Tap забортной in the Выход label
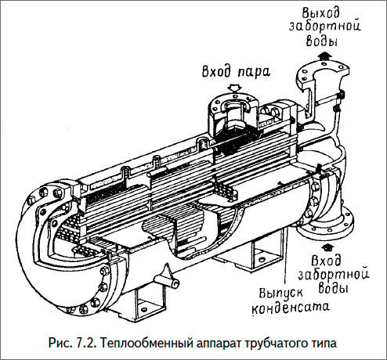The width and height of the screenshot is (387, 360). click(x=325, y=26)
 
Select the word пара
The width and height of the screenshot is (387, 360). click(x=253, y=72)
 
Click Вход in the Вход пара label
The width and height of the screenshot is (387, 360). click(x=217, y=70)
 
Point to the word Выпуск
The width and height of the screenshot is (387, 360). click(x=280, y=293)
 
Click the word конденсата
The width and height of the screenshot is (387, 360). click(x=290, y=308)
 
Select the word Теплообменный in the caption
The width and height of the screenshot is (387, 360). click(x=144, y=343)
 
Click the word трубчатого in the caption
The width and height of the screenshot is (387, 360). click(x=274, y=344)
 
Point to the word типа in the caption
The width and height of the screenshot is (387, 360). click(x=321, y=344)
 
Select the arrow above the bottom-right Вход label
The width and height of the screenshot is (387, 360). click(x=327, y=247)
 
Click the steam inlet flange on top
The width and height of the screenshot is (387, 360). click(x=233, y=103)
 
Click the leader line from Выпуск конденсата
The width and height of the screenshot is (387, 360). click(x=288, y=258)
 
